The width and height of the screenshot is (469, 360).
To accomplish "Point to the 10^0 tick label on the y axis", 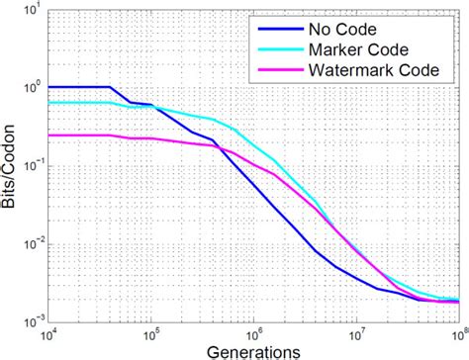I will pyautogui.click(x=32, y=88).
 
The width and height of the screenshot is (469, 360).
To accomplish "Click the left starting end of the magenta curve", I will pyautogui.click(x=48, y=135).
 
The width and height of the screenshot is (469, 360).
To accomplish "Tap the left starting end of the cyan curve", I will pyautogui.click(x=48, y=102).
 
